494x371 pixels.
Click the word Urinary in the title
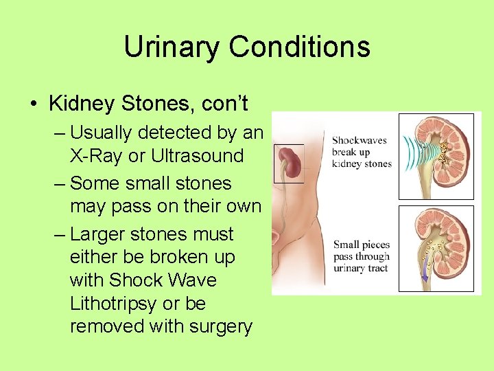point(172,47)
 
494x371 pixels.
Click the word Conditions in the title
point(299,47)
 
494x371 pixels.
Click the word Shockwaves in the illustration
point(360,140)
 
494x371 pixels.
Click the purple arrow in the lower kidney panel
point(425,276)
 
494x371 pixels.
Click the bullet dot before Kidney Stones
point(33,104)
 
